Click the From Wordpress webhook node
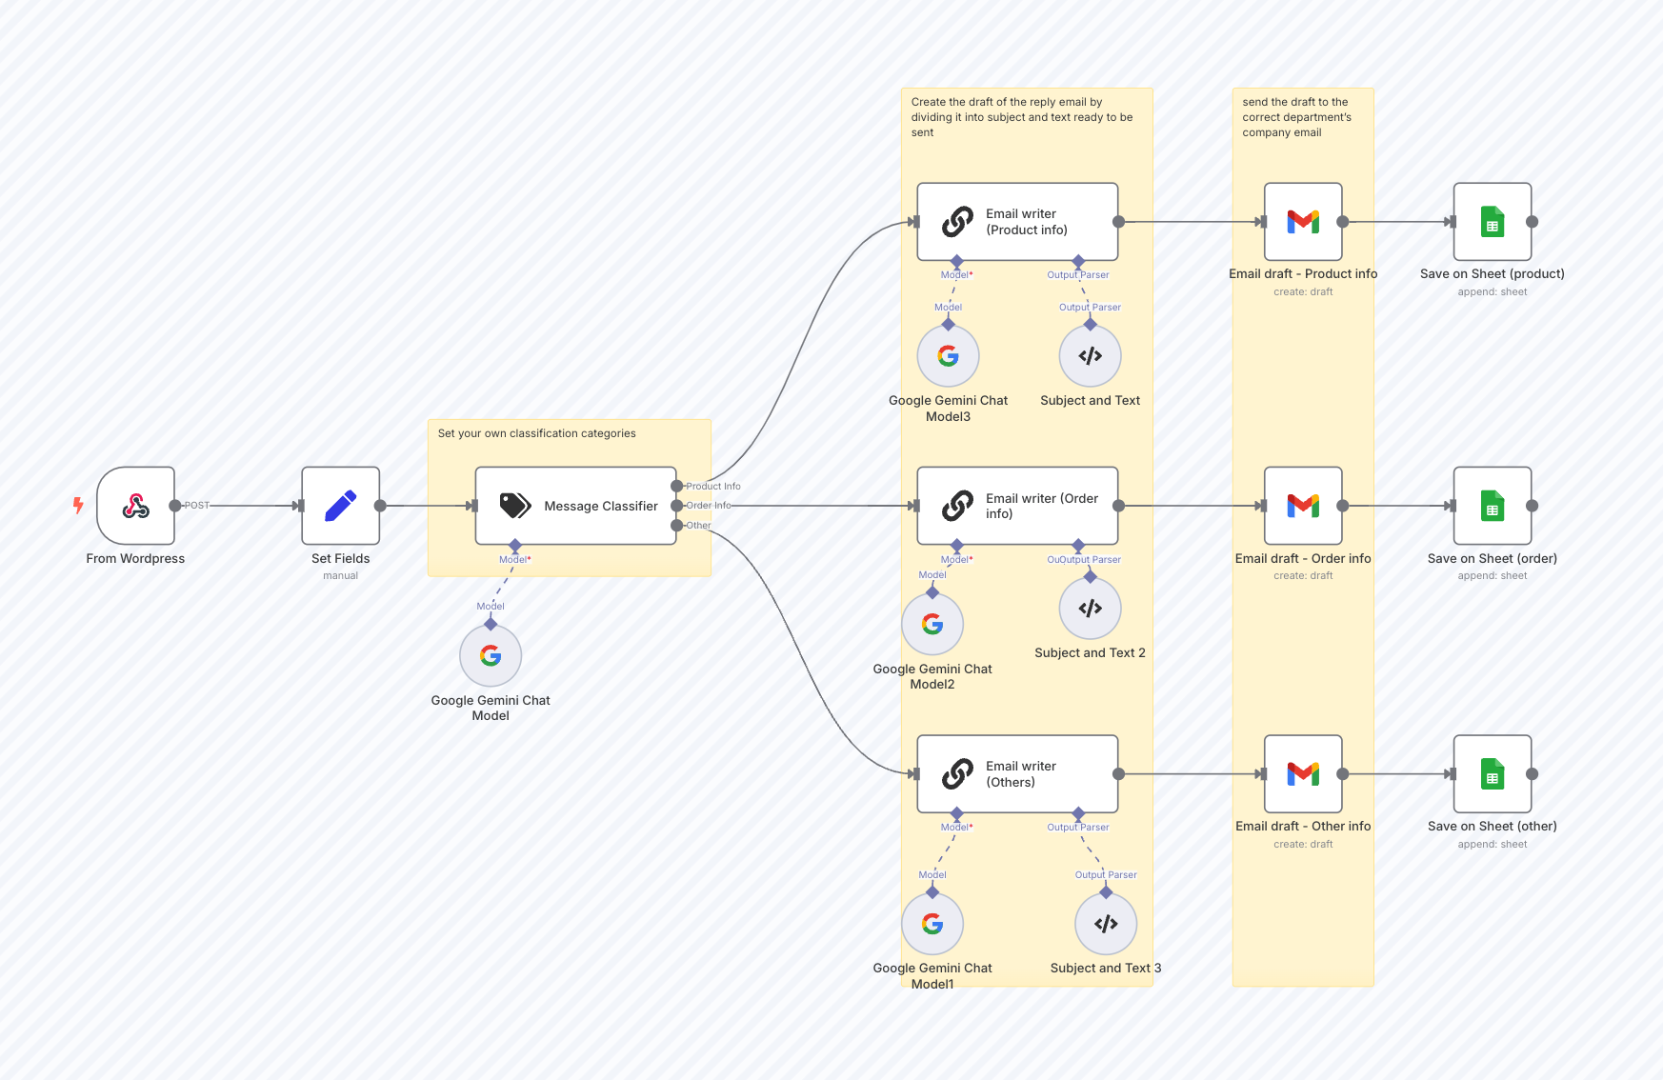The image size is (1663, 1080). (135, 506)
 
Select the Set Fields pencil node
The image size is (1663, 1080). (340, 506)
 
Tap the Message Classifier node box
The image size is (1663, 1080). (575, 506)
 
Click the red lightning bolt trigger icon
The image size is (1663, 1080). (78, 505)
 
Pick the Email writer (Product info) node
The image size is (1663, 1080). (1016, 222)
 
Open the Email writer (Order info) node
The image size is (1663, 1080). (1016, 506)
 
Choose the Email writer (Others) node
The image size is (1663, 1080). (1016, 773)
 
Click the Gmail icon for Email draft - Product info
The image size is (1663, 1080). (1302, 222)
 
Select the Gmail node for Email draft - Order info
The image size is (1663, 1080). (1302, 506)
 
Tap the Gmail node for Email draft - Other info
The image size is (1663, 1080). (1302, 773)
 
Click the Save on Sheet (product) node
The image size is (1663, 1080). (1492, 222)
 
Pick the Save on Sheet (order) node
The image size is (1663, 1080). (1492, 506)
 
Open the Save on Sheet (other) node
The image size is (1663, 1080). (1492, 773)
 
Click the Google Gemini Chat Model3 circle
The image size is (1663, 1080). (948, 356)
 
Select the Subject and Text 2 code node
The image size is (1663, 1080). (1090, 609)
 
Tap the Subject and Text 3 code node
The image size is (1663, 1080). (1105, 924)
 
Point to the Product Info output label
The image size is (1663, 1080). (713, 486)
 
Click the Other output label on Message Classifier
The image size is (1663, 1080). (699, 526)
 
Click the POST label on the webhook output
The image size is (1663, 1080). (196, 506)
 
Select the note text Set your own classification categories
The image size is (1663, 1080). (536, 433)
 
